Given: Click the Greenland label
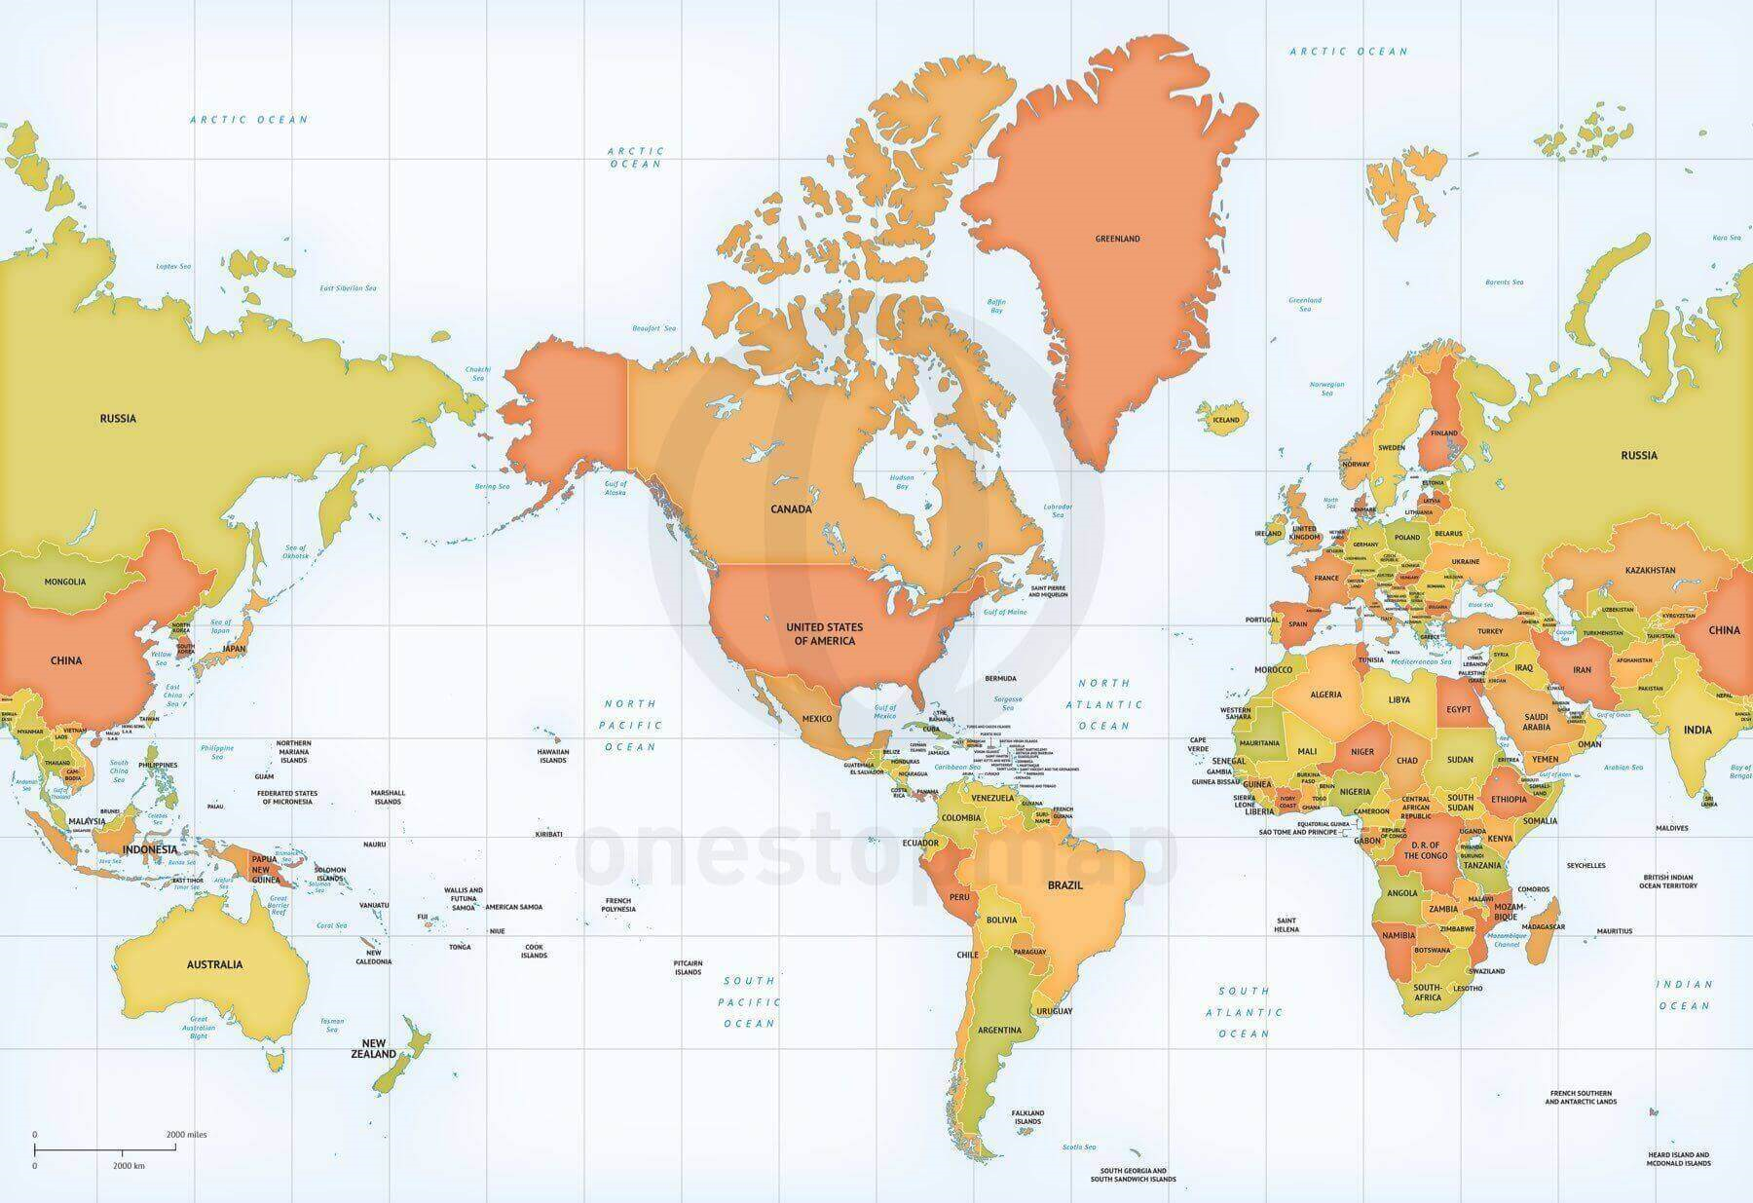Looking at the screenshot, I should pyautogui.click(x=1117, y=239).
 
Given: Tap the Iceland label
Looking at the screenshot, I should pyautogui.click(x=1225, y=420).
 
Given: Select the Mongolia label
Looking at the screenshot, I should pyautogui.click(x=65, y=582).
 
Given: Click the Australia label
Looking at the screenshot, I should pyautogui.click(x=214, y=964).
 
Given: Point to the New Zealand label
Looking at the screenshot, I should pyautogui.click(x=374, y=1047).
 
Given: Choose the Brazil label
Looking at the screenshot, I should pyautogui.click(x=1064, y=886).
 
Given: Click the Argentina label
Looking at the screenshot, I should pyautogui.click(x=999, y=1030).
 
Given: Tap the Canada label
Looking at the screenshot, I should pyautogui.click(x=791, y=508).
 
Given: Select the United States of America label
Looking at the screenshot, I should pyautogui.click(x=824, y=633).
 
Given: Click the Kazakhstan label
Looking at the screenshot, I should pyautogui.click(x=1650, y=570).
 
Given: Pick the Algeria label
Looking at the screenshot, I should pyautogui.click(x=1325, y=695).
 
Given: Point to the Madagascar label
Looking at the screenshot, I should pyautogui.click(x=1537, y=927).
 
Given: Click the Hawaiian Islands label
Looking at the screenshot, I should pyautogui.click(x=553, y=755).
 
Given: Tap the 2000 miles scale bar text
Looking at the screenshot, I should pyautogui.click(x=186, y=1134).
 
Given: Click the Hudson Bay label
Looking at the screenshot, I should pyautogui.click(x=901, y=481).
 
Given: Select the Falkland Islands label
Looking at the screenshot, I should pyautogui.click(x=1027, y=1116).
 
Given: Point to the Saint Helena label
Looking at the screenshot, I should pyautogui.click(x=1287, y=924).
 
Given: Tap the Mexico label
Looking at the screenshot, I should pyautogui.click(x=816, y=719).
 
